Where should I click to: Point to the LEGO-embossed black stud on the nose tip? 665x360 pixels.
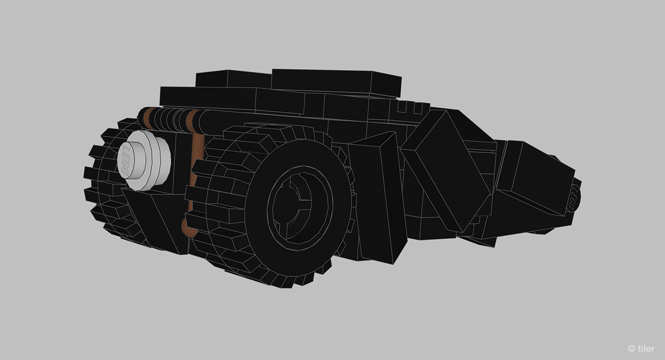pyautogui.click(x=575, y=197)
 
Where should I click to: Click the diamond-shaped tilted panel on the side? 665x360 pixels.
pyautogui.click(x=446, y=169)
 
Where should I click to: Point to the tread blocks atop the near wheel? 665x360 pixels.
pyautogui.click(x=260, y=136)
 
